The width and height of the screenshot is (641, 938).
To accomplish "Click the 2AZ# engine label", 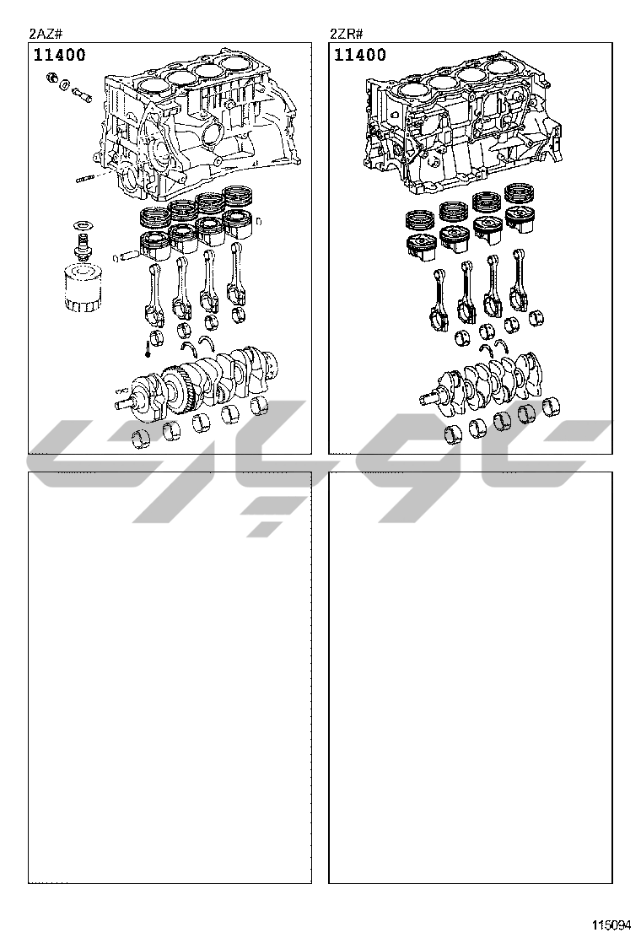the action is pos(46,34).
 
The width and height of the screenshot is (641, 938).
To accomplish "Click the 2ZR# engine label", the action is pos(346,34).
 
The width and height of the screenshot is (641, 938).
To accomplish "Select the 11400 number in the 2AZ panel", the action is pos(59,55).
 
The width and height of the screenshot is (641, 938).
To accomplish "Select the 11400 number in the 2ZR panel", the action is pos(360,55).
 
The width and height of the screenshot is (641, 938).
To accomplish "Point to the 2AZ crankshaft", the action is pos(197,383).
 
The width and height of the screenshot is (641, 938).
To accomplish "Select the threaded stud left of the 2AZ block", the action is pos(88,178).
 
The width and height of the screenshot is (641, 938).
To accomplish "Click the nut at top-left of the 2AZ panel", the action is pos(52,77).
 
